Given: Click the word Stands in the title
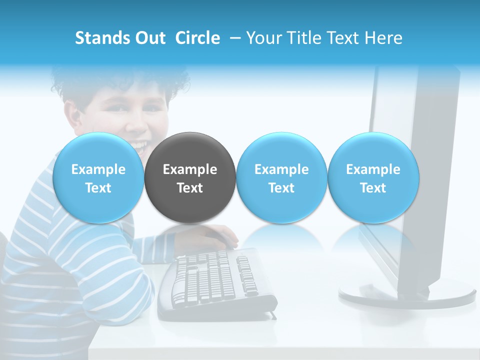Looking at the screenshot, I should [100, 38].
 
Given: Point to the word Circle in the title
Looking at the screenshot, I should [197, 38].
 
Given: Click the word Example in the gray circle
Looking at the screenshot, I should [190, 169].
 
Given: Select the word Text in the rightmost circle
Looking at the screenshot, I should [373, 188].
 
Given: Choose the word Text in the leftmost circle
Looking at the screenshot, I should [98, 188].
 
